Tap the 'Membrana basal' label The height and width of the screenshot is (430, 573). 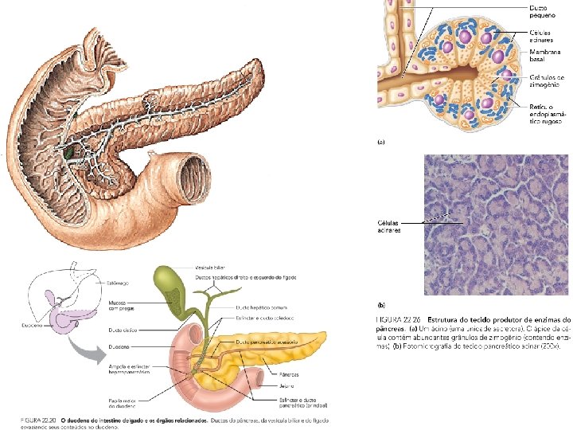pyautogui.click(x=545, y=56)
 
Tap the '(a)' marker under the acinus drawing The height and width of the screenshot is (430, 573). pyautogui.click(x=380, y=143)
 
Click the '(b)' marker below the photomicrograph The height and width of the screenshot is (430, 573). pyautogui.click(x=380, y=305)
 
